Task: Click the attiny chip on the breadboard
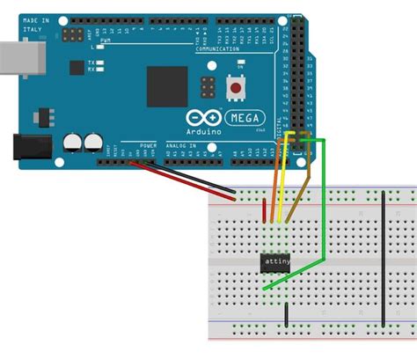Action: pos(275,261)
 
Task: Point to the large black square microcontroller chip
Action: pos(167,87)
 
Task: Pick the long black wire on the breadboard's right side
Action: pos(384,255)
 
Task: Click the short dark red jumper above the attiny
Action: pos(265,210)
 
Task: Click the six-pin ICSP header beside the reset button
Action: pos(208,88)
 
